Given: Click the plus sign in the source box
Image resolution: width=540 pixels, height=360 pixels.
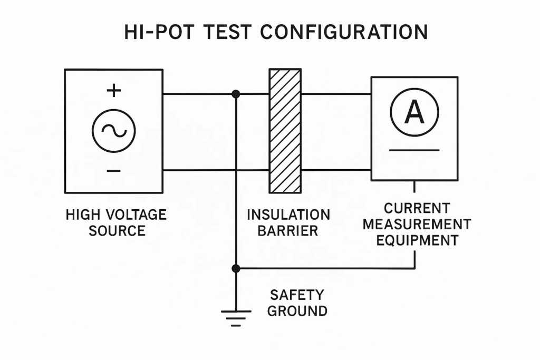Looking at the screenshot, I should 113,91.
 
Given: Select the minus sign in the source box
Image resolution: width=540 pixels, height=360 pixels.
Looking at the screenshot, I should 113,171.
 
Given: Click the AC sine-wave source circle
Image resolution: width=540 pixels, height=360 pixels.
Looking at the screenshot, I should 113,131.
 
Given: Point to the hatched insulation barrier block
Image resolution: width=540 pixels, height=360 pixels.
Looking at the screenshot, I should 285,131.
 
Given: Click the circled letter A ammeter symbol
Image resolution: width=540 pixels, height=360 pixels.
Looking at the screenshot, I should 414,112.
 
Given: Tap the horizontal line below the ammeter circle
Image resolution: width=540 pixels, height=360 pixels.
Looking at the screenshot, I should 414,150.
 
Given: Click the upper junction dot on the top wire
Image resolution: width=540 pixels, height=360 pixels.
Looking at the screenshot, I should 236,94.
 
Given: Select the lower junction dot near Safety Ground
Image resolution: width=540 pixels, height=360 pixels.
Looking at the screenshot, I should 236,268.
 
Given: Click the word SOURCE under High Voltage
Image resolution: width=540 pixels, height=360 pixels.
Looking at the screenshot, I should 117,231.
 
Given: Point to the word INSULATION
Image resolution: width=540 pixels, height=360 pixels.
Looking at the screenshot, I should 288,215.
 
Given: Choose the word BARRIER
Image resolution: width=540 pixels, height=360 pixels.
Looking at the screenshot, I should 288,231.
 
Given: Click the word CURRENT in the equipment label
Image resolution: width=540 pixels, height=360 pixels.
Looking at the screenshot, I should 417,208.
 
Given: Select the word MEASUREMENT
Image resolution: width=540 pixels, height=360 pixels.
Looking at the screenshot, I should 417,224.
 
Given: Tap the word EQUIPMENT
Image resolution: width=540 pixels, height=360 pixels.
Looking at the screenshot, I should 417,240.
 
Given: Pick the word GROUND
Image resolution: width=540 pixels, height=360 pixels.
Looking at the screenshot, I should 297,311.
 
